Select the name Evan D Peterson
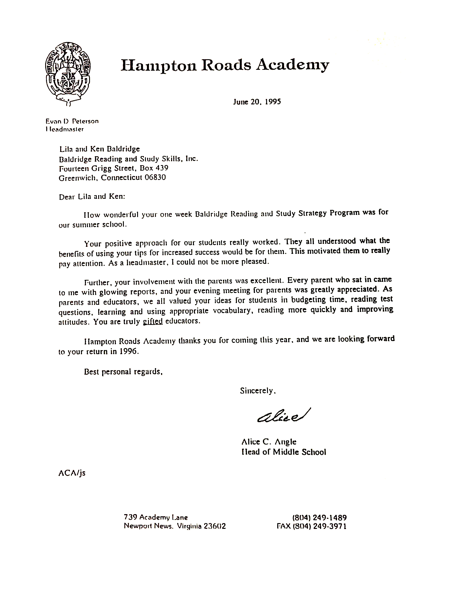tap(72, 121)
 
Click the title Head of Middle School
tap(284, 452)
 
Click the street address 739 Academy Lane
tap(156, 517)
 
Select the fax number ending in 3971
tap(311, 526)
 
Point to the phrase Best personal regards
tap(123, 372)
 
